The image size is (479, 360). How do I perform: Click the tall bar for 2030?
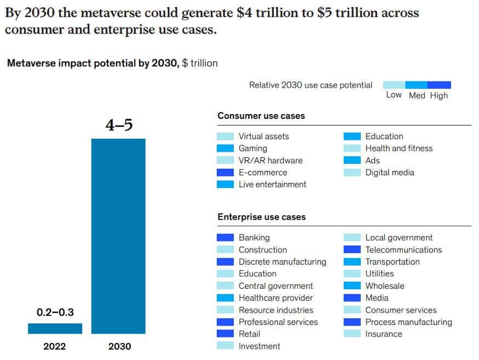coord(118,236)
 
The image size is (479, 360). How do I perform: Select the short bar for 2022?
coord(55,328)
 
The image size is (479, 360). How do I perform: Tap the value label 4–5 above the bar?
coord(119,125)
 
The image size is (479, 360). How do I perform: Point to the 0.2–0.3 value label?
coord(55,313)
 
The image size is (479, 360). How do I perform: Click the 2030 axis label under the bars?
coord(119,346)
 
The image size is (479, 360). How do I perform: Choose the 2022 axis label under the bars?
coord(55,346)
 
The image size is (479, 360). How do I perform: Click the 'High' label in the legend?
coord(439,95)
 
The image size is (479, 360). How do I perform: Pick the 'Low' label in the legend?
coord(394,95)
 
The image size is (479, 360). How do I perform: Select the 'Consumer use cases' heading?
coord(261,116)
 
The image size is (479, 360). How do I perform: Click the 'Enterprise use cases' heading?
coord(262,217)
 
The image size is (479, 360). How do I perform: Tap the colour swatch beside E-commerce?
coord(225,173)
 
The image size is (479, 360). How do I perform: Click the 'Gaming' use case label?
coord(253,148)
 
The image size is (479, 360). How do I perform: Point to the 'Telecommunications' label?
coord(403,250)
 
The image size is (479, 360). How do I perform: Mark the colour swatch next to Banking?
coord(225,238)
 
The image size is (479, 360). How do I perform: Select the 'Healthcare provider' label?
coord(276,298)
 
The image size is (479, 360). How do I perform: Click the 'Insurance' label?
coord(384,334)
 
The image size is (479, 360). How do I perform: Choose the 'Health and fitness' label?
coord(399,148)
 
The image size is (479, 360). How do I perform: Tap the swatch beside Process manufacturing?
coord(352,322)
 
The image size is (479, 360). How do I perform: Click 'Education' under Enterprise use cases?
coord(257,274)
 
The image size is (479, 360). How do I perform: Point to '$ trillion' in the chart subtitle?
coord(200,64)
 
